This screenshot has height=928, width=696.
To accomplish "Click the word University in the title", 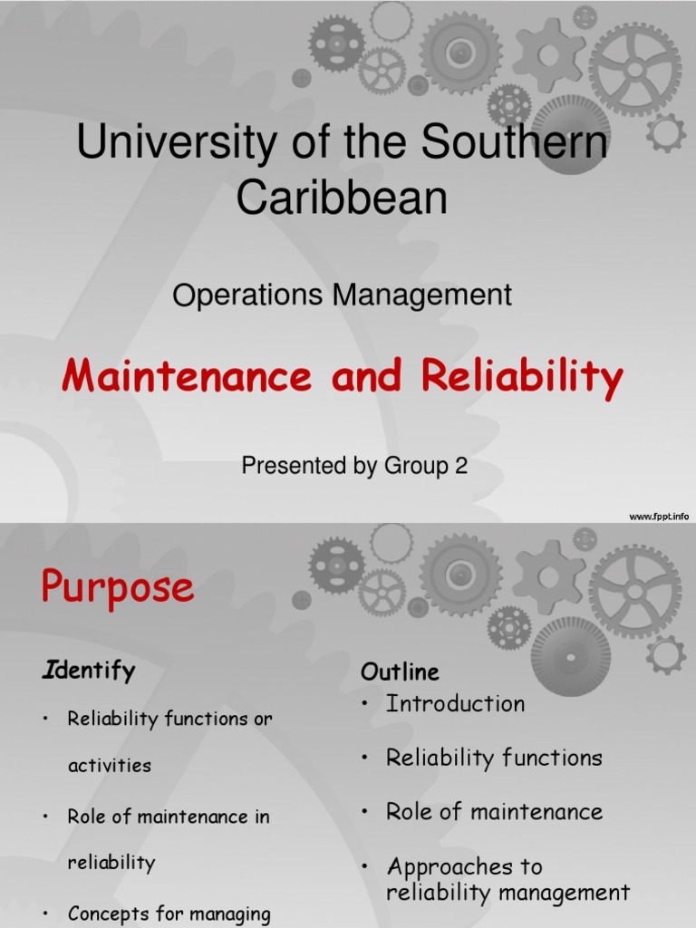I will [x=168, y=145].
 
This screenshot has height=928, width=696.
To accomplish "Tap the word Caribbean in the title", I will [x=342, y=198].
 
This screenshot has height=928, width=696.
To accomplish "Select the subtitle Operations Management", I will [x=342, y=295].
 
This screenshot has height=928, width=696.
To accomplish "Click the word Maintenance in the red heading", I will [x=190, y=376].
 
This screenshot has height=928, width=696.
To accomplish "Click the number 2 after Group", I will [x=461, y=467].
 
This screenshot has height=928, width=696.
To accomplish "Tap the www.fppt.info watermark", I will [x=659, y=517].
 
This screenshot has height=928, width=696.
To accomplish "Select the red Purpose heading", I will [x=117, y=588].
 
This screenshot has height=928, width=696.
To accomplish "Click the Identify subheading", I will [x=89, y=671].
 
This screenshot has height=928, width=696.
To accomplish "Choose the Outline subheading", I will [x=400, y=672].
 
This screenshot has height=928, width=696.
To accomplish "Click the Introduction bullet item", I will [x=455, y=704].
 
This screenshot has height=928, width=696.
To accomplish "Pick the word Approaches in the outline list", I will [x=464, y=867].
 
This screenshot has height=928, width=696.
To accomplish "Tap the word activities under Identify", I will [x=110, y=766].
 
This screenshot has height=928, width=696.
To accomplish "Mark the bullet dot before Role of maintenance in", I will [x=45, y=817].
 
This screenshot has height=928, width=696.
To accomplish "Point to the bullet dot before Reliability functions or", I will [x=45, y=720].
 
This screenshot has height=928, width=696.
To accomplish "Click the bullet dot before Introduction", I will [x=365, y=705].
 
